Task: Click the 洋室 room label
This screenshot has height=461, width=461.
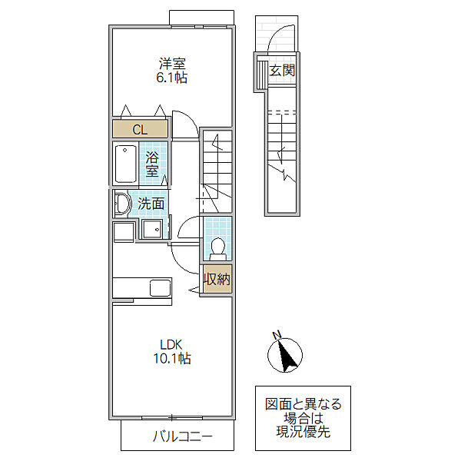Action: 172,64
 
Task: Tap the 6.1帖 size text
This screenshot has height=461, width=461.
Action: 172,78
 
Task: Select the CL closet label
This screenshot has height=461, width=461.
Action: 140,129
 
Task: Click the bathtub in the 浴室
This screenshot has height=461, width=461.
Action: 125,164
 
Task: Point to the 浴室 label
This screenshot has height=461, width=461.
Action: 152,164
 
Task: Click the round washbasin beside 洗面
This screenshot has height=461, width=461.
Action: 122,204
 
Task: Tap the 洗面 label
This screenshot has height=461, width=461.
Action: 151,204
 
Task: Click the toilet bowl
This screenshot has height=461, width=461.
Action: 218,248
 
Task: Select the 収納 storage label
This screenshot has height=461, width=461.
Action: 217,279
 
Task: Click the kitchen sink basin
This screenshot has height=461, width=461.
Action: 161,288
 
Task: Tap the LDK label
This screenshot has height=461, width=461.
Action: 171,344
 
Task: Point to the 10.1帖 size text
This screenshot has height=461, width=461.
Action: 172,358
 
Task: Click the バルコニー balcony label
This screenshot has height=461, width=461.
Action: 183,436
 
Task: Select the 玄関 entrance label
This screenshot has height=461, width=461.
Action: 282,70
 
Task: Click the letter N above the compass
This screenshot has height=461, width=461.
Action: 277,334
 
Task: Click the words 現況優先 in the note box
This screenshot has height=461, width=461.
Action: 303,432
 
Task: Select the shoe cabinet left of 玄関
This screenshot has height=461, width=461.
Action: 261,75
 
